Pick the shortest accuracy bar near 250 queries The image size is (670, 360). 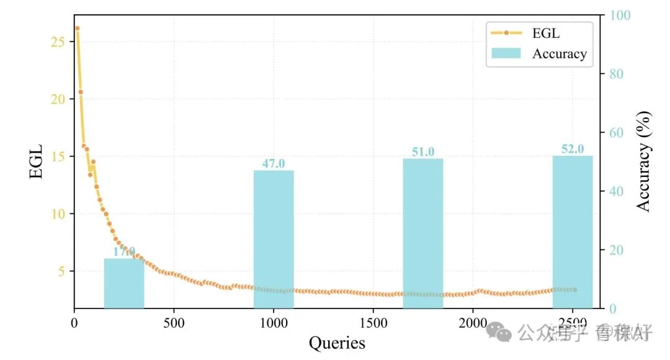124,283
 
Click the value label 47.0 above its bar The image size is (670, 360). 274,164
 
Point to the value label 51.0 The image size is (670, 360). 423,152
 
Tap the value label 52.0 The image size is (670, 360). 573,149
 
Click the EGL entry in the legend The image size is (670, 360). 546,33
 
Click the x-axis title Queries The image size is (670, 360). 337,343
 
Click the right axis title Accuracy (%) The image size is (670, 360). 645,161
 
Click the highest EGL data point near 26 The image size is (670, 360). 77,28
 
